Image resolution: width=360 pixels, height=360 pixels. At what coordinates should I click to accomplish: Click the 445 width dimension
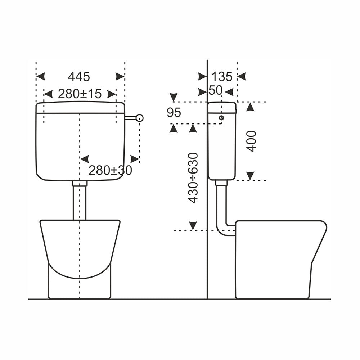[x=79, y=76]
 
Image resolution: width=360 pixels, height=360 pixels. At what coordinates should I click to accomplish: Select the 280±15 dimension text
[x=80, y=94]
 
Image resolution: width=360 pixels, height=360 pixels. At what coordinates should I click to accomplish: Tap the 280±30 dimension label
[x=110, y=170]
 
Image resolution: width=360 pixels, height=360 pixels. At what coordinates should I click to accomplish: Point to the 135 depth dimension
[x=222, y=76]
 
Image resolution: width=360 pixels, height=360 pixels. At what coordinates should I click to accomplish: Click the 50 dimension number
[x=215, y=90]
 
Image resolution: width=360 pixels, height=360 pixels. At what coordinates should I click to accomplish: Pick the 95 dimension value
[x=174, y=112]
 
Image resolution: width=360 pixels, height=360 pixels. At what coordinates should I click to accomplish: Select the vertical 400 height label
[x=251, y=141]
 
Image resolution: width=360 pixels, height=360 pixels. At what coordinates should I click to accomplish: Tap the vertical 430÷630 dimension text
[x=193, y=178]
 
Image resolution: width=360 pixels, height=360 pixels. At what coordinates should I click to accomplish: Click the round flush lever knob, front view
[x=140, y=118]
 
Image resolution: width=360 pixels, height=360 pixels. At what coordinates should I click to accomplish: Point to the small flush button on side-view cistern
[x=221, y=118]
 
